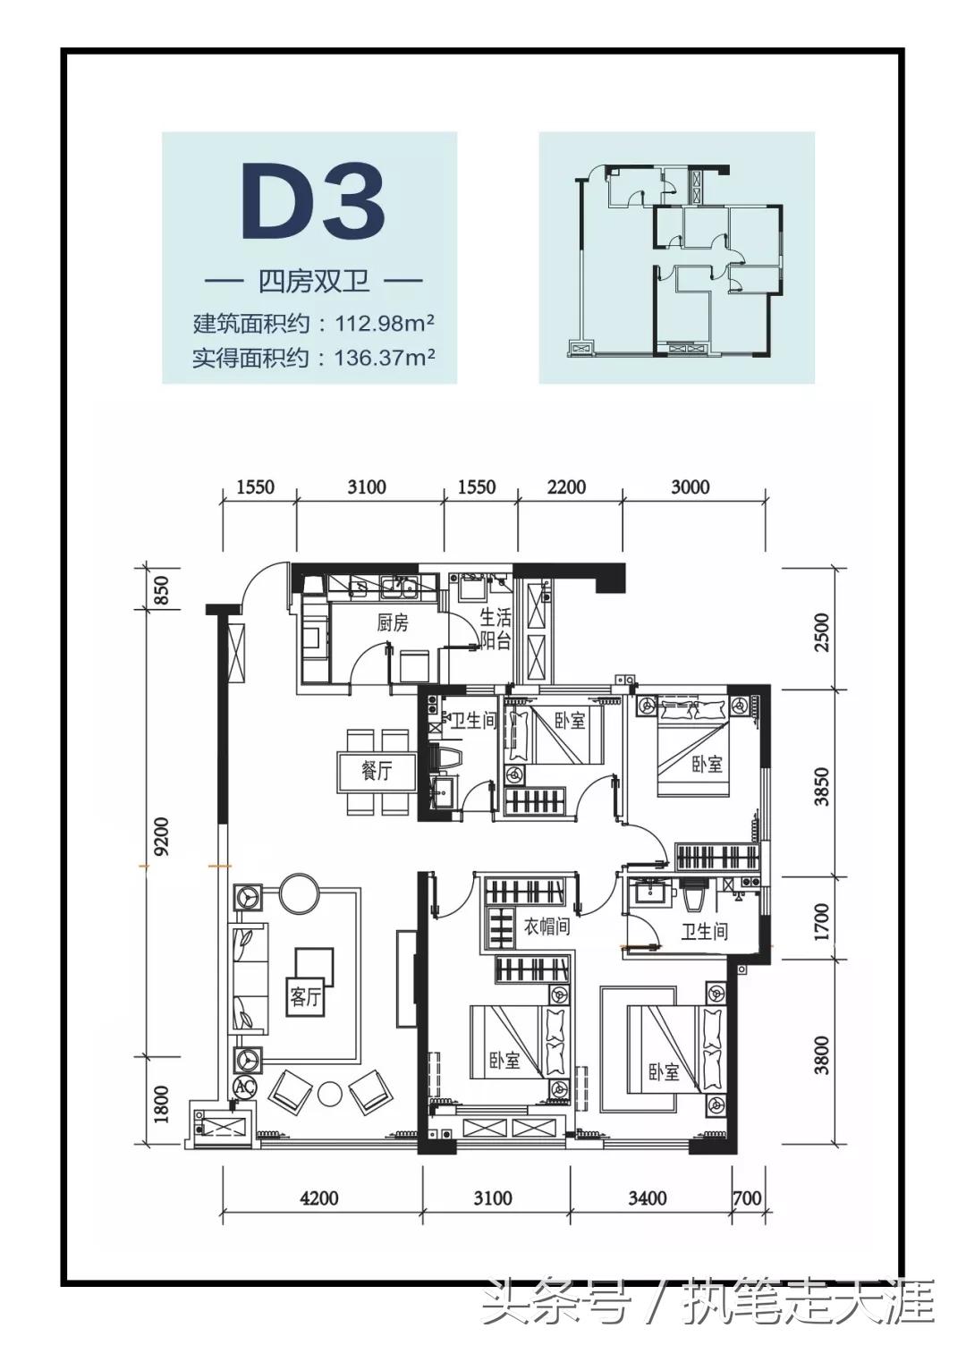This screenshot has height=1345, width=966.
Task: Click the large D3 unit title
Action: (312, 203)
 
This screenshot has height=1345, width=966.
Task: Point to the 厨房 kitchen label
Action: (392, 622)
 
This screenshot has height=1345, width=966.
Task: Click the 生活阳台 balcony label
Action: (495, 629)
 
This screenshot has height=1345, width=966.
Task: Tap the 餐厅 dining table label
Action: (377, 771)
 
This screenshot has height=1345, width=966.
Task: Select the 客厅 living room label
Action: (304, 996)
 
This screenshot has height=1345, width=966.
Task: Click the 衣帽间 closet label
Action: (547, 926)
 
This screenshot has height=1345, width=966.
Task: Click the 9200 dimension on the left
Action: (161, 837)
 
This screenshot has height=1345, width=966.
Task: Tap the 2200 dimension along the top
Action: (566, 487)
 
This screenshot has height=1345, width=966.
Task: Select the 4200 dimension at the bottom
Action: (318, 1197)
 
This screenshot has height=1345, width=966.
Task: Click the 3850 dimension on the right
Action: (821, 786)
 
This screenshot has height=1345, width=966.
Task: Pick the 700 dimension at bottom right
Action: (747, 1197)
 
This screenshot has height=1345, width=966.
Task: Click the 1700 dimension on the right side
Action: (821, 921)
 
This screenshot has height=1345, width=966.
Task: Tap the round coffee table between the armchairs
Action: (330, 1093)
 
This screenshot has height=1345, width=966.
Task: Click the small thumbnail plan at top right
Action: (676, 258)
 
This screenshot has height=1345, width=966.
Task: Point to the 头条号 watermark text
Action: (555, 1303)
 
